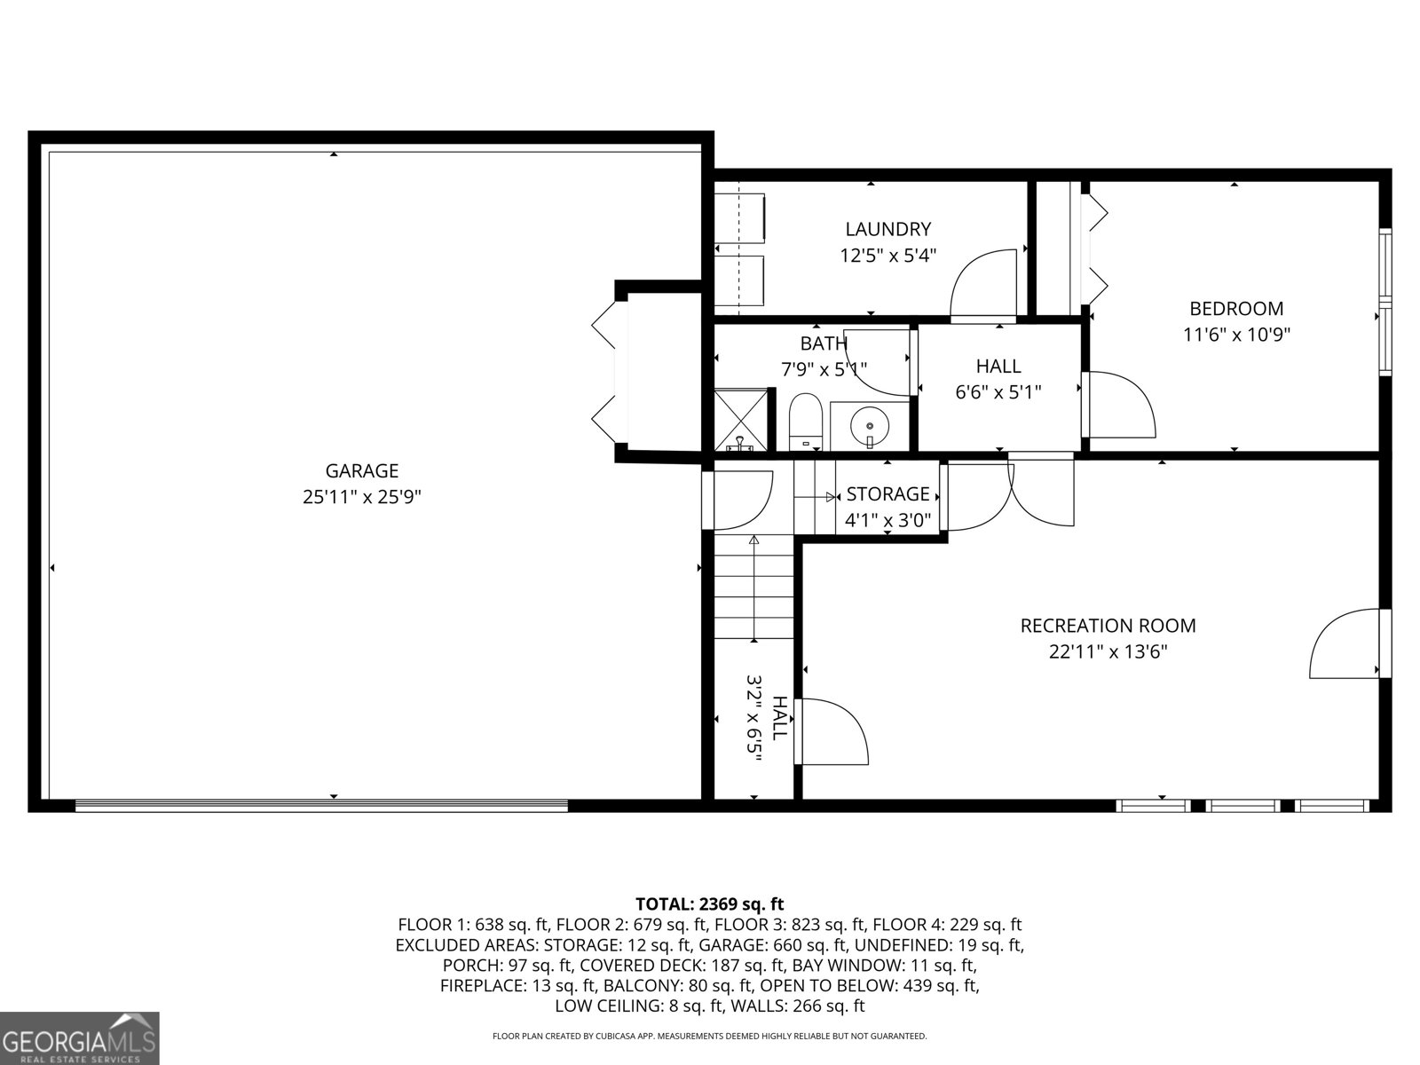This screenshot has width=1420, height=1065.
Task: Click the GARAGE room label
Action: coord(361,471)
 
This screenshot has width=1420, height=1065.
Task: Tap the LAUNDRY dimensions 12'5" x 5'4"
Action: coord(887,256)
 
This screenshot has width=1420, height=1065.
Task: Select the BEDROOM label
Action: coord(1235,309)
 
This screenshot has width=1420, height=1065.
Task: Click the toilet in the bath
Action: coord(807,422)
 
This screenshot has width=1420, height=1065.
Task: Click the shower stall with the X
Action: coord(741,419)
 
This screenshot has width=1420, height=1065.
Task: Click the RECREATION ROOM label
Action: coord(1108,626)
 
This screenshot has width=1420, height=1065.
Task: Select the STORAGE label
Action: coord(887,494)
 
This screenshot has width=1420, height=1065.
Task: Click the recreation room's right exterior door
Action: coord(1347,644)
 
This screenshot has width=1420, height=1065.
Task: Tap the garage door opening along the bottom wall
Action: coord(321,806)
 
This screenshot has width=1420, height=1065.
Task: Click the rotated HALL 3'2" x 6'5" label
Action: coord(766,719)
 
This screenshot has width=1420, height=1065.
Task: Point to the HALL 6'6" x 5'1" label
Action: coord(998,378)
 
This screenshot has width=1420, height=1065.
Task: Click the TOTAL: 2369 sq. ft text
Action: coord(709,904)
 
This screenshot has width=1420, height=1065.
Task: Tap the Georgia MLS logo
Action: coord(79,1037)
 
